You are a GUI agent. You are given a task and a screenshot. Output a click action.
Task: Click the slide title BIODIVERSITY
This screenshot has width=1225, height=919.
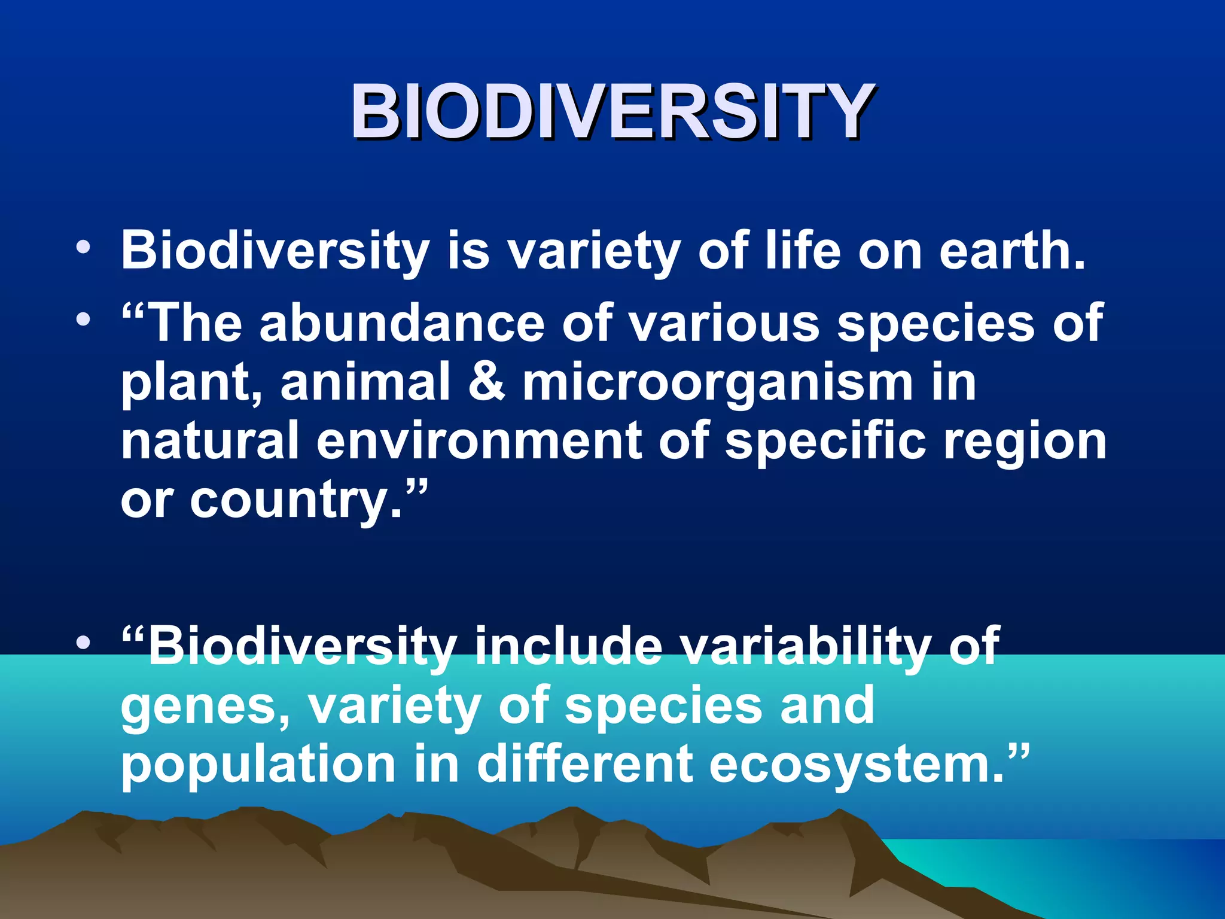coord(612,112)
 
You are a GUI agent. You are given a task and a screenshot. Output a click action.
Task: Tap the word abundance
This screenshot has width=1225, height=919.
coord(401,323)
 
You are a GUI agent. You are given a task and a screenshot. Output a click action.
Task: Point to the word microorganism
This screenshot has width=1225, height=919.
coord(718,383)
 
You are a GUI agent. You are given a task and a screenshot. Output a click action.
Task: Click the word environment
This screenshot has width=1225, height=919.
coord(479,441)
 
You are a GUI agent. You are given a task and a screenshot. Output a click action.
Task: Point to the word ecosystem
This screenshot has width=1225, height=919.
coord(855,766)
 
